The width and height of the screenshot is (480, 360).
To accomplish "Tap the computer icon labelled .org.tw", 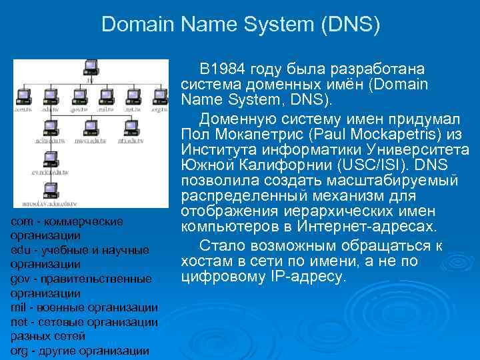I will pyautogui.click(x=158, y=95).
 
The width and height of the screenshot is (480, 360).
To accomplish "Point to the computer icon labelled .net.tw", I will pyautogui.click(x=131, y=95).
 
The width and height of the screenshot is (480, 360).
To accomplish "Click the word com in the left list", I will pyautogui.click(x=21, y=221).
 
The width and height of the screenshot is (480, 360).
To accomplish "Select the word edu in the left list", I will pyautogui.click(x=20, y=250).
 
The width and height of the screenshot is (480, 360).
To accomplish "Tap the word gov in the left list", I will pyautogui.click(x=21, y=279).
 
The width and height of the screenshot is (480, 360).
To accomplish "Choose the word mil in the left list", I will pyautogui.click(x=19, y=307).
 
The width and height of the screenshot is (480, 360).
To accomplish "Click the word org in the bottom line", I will pyautogui.click(x=20, y=351).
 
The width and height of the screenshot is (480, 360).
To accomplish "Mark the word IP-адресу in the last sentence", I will pyautogui.click(x=313, y=276).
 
